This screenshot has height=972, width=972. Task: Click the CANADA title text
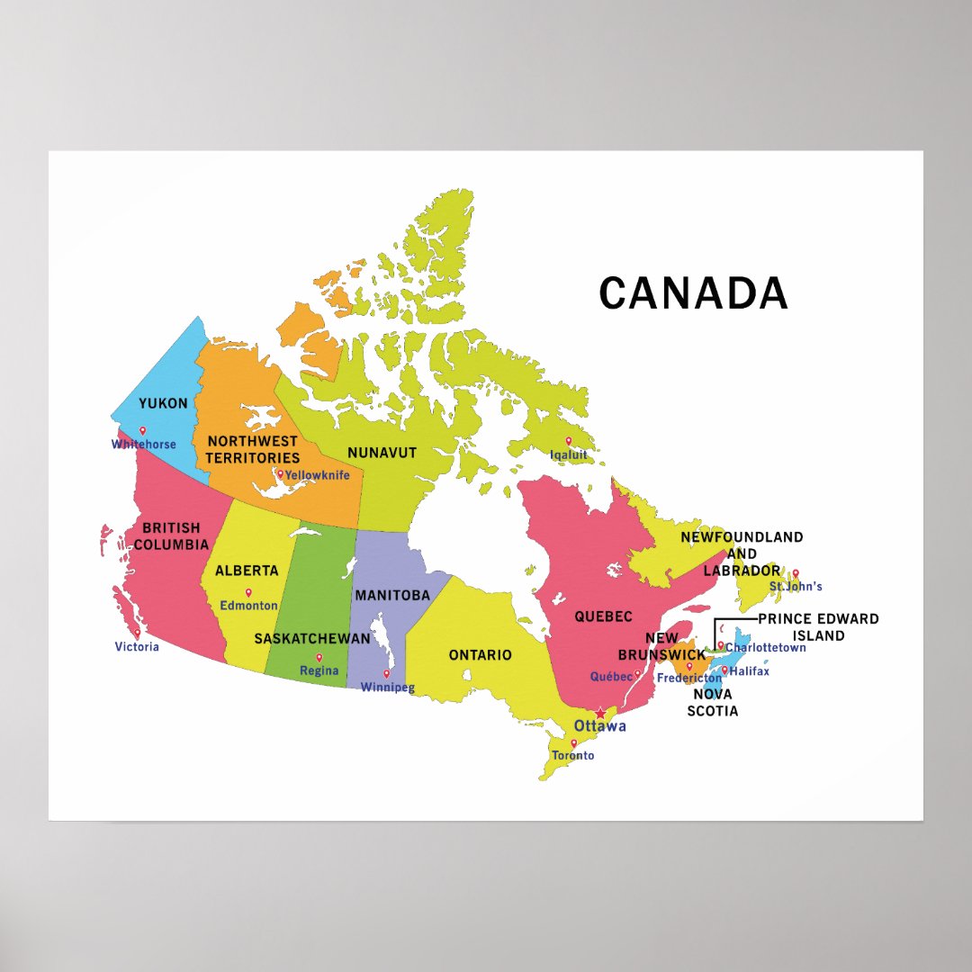click(x=693, y=293)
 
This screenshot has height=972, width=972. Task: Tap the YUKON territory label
click(x=163, y=403)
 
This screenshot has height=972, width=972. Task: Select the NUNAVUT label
click(x=382, y=453)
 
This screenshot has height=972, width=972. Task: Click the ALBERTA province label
click(x=247, y=571)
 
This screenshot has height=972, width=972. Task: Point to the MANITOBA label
click(x=391, y=596)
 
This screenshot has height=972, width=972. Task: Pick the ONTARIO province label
click(x=480, y=655)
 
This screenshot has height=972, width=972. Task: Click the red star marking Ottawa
click(x=601, y=714)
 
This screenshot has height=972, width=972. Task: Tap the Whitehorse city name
click(x=144, y=445)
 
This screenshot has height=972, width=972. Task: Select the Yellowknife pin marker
click(x=280, y=474)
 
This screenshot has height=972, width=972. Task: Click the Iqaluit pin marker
click(x=568, y=441)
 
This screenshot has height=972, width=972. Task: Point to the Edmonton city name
click(x=249, y=606)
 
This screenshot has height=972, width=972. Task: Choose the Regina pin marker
click(x=319, y=658)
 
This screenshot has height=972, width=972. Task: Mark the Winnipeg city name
click(x=387, y=688)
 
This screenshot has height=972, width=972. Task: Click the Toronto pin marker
click(x=573, y=743)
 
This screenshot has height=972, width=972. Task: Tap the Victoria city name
click(x=137, y=647)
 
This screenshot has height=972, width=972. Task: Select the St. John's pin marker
click(x=796, y=573)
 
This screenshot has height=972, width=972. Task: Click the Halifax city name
click(x=750, y=671)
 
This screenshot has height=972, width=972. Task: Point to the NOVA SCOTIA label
click(x=713, y=703)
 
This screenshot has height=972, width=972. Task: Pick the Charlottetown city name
click(x=766, y=648)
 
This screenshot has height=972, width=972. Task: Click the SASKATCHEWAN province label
click(x=312, y=639)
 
